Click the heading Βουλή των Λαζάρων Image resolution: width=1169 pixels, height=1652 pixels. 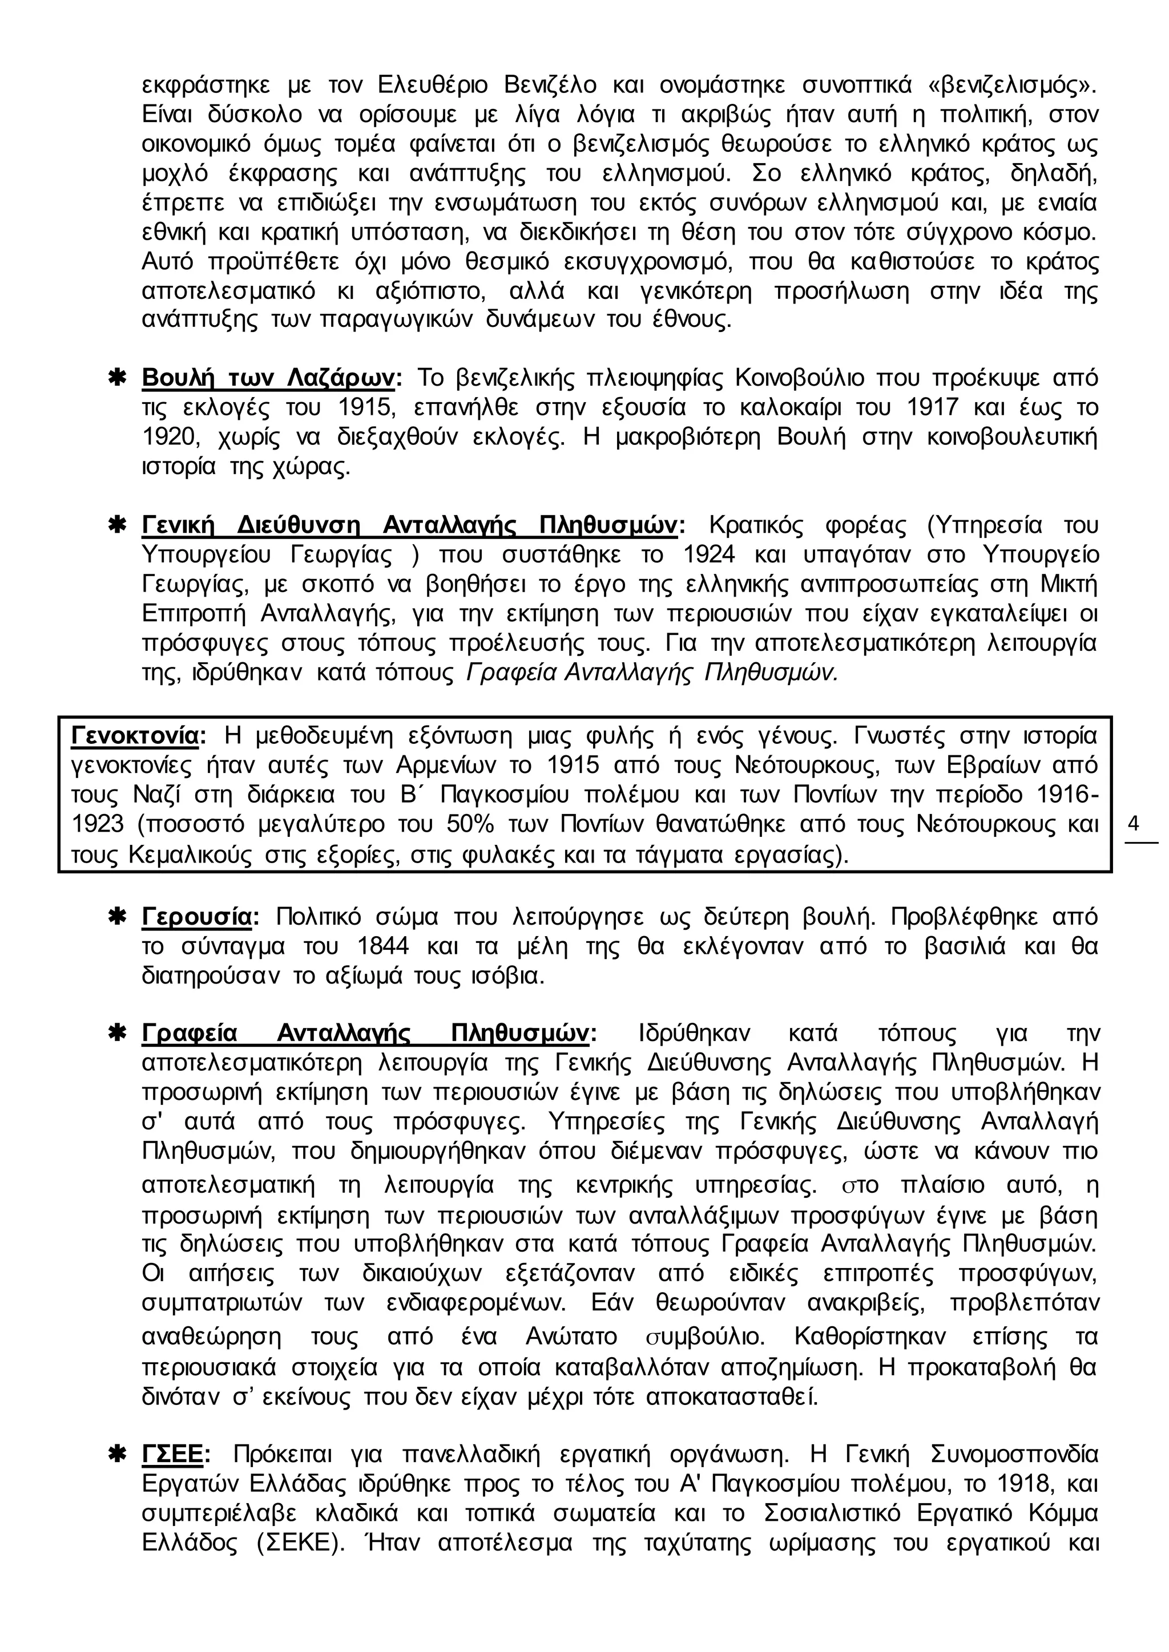pyautogui.click(x=268, y=378)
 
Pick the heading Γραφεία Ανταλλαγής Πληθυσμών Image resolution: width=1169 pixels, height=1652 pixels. pyautogui.click(x=366, y=1033)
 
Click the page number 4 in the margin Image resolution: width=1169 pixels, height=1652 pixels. pyautogui.click(x=1134, y=824)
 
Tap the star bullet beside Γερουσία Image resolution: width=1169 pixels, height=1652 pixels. pyautogui.click(x=116, y=917)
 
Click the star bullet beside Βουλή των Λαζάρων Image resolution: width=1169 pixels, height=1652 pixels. pyautogui.click(x=116, y=378)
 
